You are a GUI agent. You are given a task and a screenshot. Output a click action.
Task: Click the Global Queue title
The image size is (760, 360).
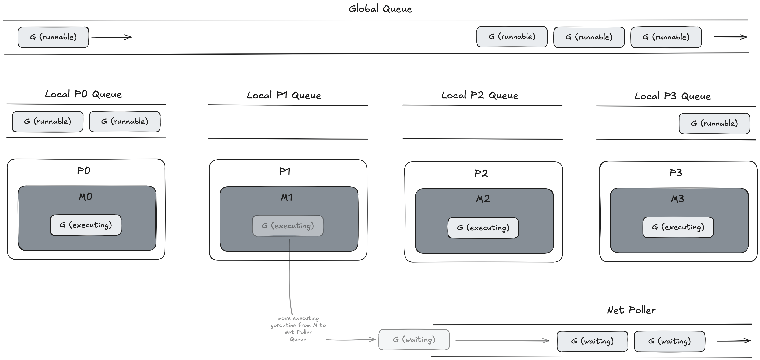click(x=380, y=9)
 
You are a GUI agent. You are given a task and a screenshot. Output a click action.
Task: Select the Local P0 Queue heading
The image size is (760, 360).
click(x=83, y=94)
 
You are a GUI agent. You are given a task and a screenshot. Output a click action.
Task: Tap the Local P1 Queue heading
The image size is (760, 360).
click(x=284, y=95)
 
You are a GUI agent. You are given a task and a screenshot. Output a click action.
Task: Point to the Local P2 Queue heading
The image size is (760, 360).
click(x=480, y=95)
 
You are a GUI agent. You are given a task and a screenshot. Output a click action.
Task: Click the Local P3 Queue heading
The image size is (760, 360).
click(x=673, y=96)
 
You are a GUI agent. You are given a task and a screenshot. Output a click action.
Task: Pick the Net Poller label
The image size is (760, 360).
click(x=631, y=310)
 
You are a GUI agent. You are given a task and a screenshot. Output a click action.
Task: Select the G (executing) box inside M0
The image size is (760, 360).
click(x=86, y=225)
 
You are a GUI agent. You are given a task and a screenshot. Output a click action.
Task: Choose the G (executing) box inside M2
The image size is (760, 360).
click(x=483, y=228)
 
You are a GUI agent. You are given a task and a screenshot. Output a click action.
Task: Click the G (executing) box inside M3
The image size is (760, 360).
click(x=678, y=227)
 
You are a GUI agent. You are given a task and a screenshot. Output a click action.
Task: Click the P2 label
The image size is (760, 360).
click(x=481, y=173)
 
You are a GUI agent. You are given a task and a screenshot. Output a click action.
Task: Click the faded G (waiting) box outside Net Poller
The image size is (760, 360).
click(x=414, y=340)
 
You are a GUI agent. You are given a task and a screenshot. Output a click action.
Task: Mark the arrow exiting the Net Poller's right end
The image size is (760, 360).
click(x=733, y=341)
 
